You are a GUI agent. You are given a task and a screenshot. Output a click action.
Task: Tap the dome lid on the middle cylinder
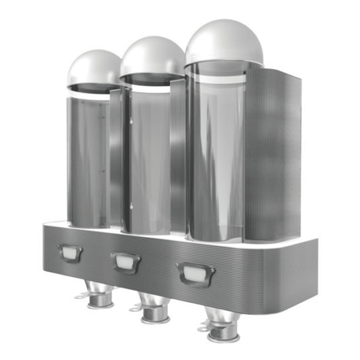coord(153,56)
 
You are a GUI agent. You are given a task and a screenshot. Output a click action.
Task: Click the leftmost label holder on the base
coord(70,253)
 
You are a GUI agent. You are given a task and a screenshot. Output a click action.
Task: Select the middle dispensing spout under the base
coord(155,309)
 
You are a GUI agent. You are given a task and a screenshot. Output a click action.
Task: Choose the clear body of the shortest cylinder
coord(88,162)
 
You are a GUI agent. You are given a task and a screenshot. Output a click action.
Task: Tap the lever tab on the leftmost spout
coord(81,296)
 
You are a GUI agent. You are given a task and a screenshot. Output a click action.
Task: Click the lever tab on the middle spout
coord(135,309)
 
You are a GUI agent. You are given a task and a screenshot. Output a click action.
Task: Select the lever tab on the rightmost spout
coord(203,328)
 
